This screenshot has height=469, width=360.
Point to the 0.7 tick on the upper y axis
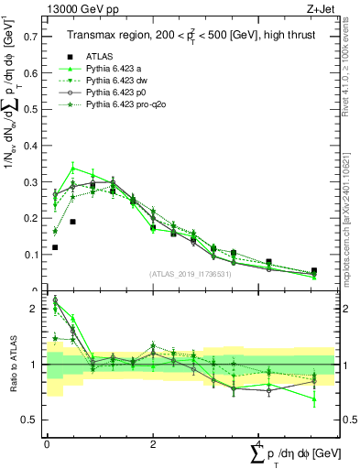tap(32, 38)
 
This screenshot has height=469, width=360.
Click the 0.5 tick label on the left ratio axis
tap(32, 420)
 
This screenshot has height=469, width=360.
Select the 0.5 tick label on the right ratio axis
tap(348, 420)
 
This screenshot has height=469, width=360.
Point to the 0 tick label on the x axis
tap(47, 442)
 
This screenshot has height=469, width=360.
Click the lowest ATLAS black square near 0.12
tap(55, 247)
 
